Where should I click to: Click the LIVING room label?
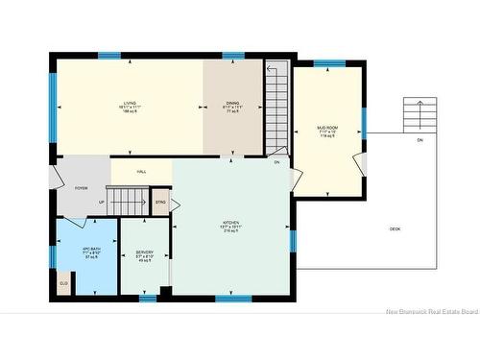pos(129,105)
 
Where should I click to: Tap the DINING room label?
pos(232,105)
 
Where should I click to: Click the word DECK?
pos(396,228)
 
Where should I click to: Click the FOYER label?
pos(82,188)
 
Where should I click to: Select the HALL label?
pos(141,171)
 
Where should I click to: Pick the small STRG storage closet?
pos(160,203)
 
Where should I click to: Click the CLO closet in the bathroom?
pos(64,284)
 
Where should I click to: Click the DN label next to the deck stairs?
pos(419,141)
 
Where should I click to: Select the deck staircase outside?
pos(416,115)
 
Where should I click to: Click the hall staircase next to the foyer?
pos(124,202)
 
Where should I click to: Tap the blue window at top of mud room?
pos(328,63)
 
